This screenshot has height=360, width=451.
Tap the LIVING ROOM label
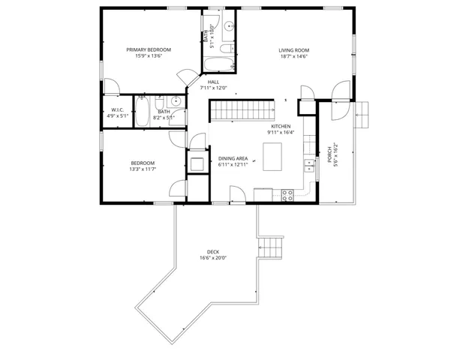pos(294,50)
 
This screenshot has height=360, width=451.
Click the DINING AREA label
pos(233,159)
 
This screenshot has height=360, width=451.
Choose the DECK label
pos(213,251)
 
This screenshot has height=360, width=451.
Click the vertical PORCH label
pos(328,154)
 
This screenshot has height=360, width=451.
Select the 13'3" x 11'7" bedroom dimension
pos(143,169)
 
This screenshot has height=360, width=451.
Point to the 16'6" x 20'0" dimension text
pos(213,258)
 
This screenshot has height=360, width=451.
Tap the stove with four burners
pos(287,195)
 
